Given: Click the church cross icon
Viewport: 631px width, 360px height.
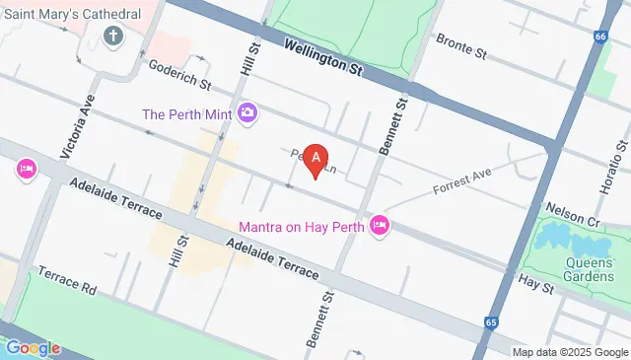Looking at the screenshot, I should tap(113, 37).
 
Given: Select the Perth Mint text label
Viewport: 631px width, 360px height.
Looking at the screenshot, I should tap(186, 114).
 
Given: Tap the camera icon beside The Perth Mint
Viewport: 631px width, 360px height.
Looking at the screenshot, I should tap(248, 113).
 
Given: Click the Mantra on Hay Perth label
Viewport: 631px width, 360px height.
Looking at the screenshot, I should tap(302, 226).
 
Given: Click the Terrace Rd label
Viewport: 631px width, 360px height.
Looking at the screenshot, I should tap(68, 280).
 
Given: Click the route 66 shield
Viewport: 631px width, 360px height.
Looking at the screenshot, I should tap(599, 37).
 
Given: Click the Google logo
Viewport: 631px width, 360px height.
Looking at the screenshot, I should tap(32, 347).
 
